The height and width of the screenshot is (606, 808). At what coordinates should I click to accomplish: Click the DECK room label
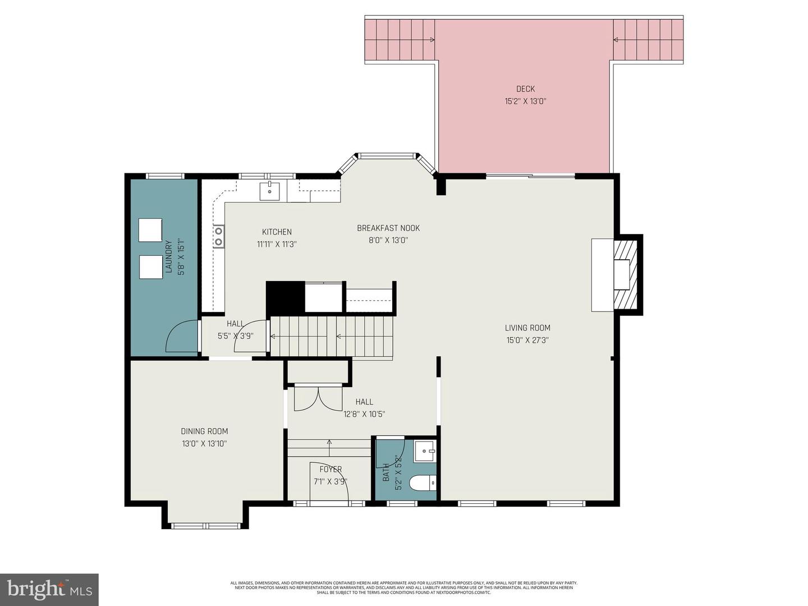525,89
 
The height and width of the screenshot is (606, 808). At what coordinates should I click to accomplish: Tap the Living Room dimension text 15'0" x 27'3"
527,340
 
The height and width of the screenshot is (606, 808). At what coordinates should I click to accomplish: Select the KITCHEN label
277,232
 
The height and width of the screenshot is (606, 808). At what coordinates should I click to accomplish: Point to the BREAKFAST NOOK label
388,228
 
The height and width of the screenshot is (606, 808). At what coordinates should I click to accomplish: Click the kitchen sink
270,191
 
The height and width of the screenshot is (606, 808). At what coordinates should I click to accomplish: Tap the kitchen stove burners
218,236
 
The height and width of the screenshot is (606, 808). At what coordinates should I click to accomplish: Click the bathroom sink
425,451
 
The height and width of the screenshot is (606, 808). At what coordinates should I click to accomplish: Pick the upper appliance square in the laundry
150,230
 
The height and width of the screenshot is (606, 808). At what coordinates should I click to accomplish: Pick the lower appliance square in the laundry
150,267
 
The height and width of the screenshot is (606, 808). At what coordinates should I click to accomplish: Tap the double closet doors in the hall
318,398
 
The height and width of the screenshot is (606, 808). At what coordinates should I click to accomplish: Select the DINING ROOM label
204,431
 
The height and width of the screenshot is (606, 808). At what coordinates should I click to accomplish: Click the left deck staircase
400,39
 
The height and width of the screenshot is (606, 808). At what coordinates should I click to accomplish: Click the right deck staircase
648,39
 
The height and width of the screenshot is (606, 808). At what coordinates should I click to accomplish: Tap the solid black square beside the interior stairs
285,297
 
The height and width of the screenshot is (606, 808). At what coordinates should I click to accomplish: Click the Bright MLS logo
49,589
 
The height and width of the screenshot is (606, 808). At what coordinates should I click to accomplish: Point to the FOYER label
330,469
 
